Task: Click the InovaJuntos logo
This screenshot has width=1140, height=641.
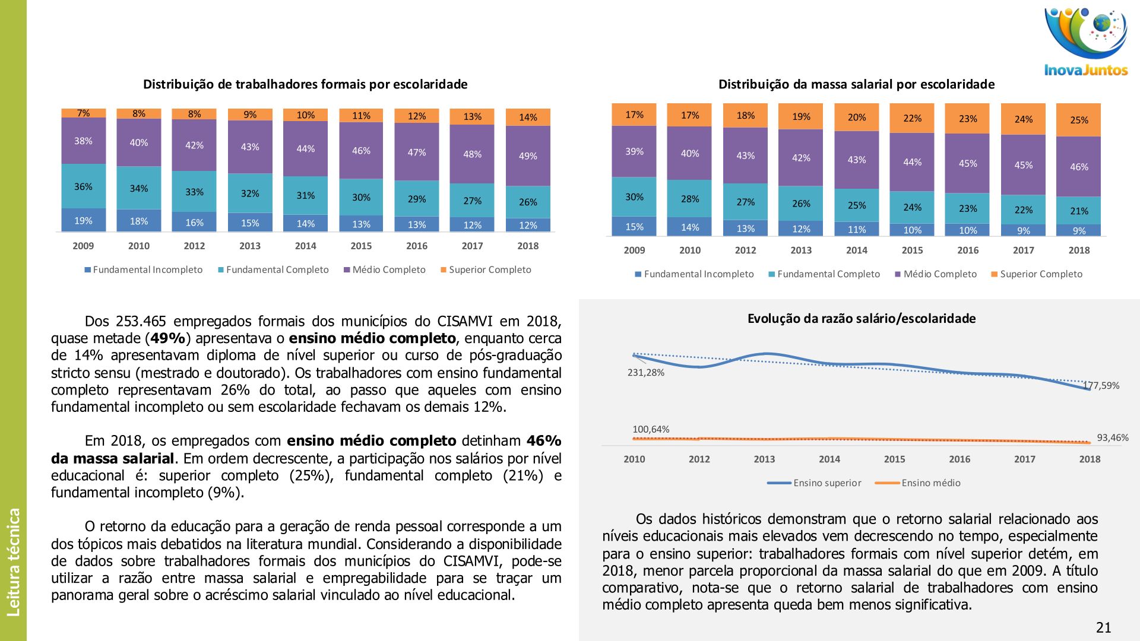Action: (x=1086, y=42)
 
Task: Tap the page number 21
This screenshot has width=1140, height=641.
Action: (x=1103, y=628)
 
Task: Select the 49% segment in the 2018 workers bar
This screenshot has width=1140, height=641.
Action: (x=528, y=156)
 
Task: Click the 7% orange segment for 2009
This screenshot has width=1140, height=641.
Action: (x=84, y=113)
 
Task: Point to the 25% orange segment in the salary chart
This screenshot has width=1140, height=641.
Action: (x=1079, y=120)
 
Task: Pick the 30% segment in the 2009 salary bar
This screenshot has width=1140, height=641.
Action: (x=634, y=197)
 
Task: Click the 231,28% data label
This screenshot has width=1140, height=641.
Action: (x=646, y=373)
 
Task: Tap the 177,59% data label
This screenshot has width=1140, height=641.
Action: (x=1102, y=386)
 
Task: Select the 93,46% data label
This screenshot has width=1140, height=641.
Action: (x=1112, y=438)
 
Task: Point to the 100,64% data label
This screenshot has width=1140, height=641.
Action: (x=651, y=429)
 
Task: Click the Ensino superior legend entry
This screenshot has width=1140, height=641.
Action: (x=815, y=483)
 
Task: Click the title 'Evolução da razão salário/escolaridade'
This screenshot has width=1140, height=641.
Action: (x=861, y=319)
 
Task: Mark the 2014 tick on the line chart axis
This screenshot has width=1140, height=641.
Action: (x=829, y=459)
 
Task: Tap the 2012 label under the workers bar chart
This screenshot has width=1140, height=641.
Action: (x=194, y=246)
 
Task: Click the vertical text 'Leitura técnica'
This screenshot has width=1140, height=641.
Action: (x=13, y=561)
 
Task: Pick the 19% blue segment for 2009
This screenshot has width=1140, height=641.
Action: (x=84, y=221)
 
